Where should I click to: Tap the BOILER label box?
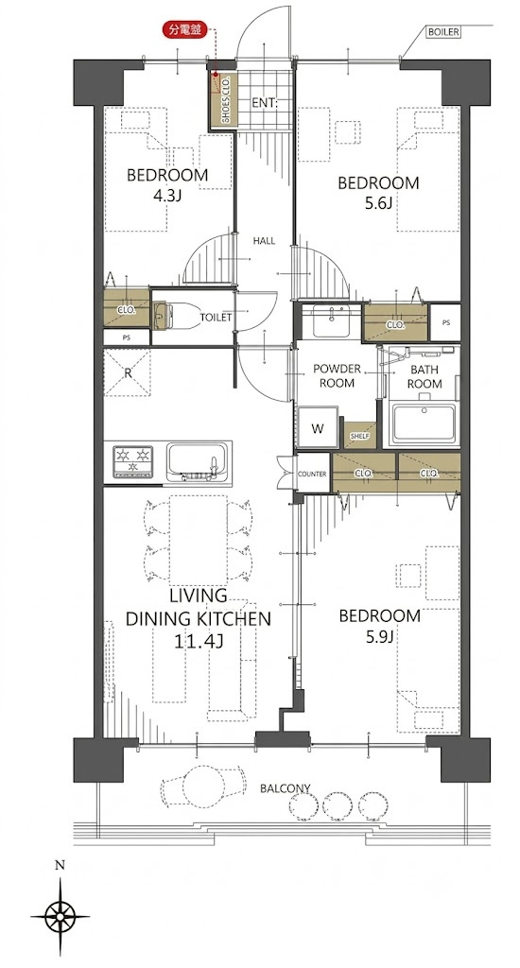(x=442, y=32)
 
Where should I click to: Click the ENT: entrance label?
(x=265, y=103)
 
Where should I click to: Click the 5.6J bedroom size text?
(x=377, y=203)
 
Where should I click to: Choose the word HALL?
(x=265, y=241)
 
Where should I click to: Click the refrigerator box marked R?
(x=127, y=372)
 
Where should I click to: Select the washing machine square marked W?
(x=318, y=428)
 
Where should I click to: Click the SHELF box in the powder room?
(x=359, y=436)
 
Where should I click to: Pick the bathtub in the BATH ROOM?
(x=424, y=423)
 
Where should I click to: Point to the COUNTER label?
(x=312, y=474)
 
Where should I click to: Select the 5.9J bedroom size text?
(x=378, y=636)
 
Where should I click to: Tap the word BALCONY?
(x=285, y=788)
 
